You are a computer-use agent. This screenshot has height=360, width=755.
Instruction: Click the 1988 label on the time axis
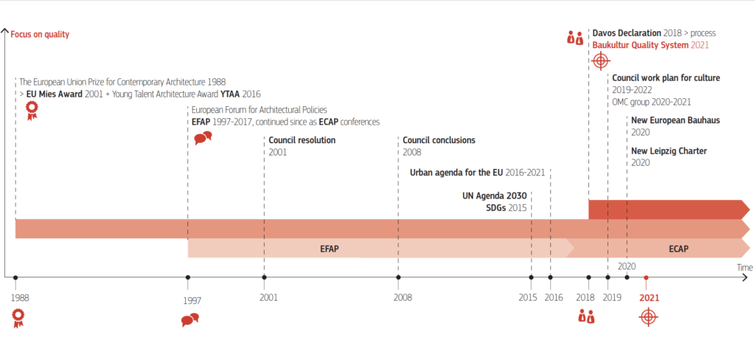[x=20, y=298]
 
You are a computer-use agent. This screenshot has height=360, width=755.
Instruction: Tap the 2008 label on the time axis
[x=403, y=298]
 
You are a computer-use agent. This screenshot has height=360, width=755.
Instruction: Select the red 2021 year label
[x=649, y=298]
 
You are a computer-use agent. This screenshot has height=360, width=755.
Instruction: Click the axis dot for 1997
[x=188, y=277]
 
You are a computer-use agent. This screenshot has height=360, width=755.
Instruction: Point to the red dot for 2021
[x=646, y=277]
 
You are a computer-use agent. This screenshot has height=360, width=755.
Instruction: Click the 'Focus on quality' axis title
[x=40, y=34]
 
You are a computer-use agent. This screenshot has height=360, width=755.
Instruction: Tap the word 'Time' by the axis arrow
[x=744, y=267]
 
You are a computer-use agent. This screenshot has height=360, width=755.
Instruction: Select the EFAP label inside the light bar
[x=330, y=249]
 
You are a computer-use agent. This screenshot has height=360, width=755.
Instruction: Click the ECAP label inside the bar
[x=678, y=249]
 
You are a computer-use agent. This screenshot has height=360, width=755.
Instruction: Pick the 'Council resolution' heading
[x=302, y=140]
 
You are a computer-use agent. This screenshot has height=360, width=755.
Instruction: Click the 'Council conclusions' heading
[x=439, y=140]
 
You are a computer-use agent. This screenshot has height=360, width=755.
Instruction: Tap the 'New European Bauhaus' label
[x=675, y=120]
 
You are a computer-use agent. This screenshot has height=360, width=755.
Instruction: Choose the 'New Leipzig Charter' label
[x=669, y=150]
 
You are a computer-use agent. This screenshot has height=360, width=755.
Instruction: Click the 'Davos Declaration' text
[x=627, y=33]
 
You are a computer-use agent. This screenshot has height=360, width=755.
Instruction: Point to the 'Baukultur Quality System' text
[x=641, y=45]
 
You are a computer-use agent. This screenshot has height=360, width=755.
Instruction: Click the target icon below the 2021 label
[x=648, y=317]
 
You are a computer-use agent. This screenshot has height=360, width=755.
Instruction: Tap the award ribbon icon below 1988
[x=18, y=318]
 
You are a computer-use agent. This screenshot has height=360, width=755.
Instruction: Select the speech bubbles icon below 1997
[x=190, y=319]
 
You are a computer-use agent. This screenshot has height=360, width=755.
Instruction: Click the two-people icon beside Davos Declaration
[x=575, y=38]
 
